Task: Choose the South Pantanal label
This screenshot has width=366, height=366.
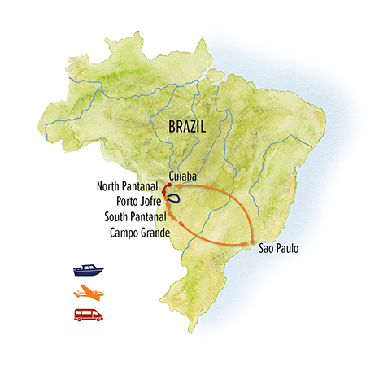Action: coord(136,217)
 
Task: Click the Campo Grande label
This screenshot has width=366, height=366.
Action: coord(138,233)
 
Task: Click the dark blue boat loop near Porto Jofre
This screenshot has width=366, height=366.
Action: coord(174,198)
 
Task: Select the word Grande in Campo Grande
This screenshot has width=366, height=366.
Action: coord(155,233)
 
